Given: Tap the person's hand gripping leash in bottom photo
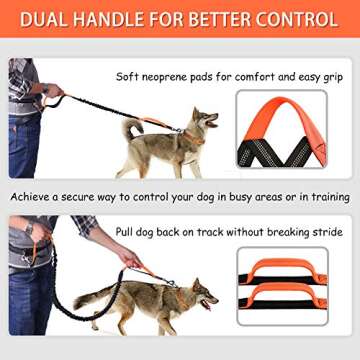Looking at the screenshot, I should point(128,259).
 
